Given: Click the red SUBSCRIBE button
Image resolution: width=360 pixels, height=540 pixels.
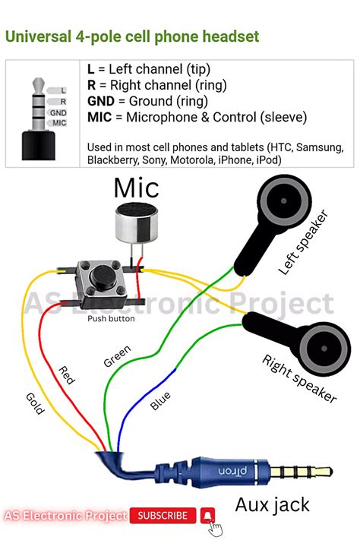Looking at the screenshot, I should click(x=163, y=516).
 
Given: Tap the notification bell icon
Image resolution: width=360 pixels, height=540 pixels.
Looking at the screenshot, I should click(x=207, y=516).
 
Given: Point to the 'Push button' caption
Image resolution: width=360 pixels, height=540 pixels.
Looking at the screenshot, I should click(x=111, y=318).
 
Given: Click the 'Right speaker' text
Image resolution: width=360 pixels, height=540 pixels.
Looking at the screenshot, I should click(x=299, y=378).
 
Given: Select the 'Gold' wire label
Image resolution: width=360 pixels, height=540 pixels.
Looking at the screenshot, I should click(x=35, y=402).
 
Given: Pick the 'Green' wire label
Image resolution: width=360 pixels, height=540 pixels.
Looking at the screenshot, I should click(x=116, y=356).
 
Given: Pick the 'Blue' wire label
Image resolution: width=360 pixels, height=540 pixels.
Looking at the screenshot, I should click(x=160, y=400).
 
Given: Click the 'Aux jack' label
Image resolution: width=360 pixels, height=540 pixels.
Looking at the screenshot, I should click(x=272, y=504).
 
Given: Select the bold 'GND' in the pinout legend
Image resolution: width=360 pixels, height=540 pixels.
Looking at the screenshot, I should click(x=102, y=101).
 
